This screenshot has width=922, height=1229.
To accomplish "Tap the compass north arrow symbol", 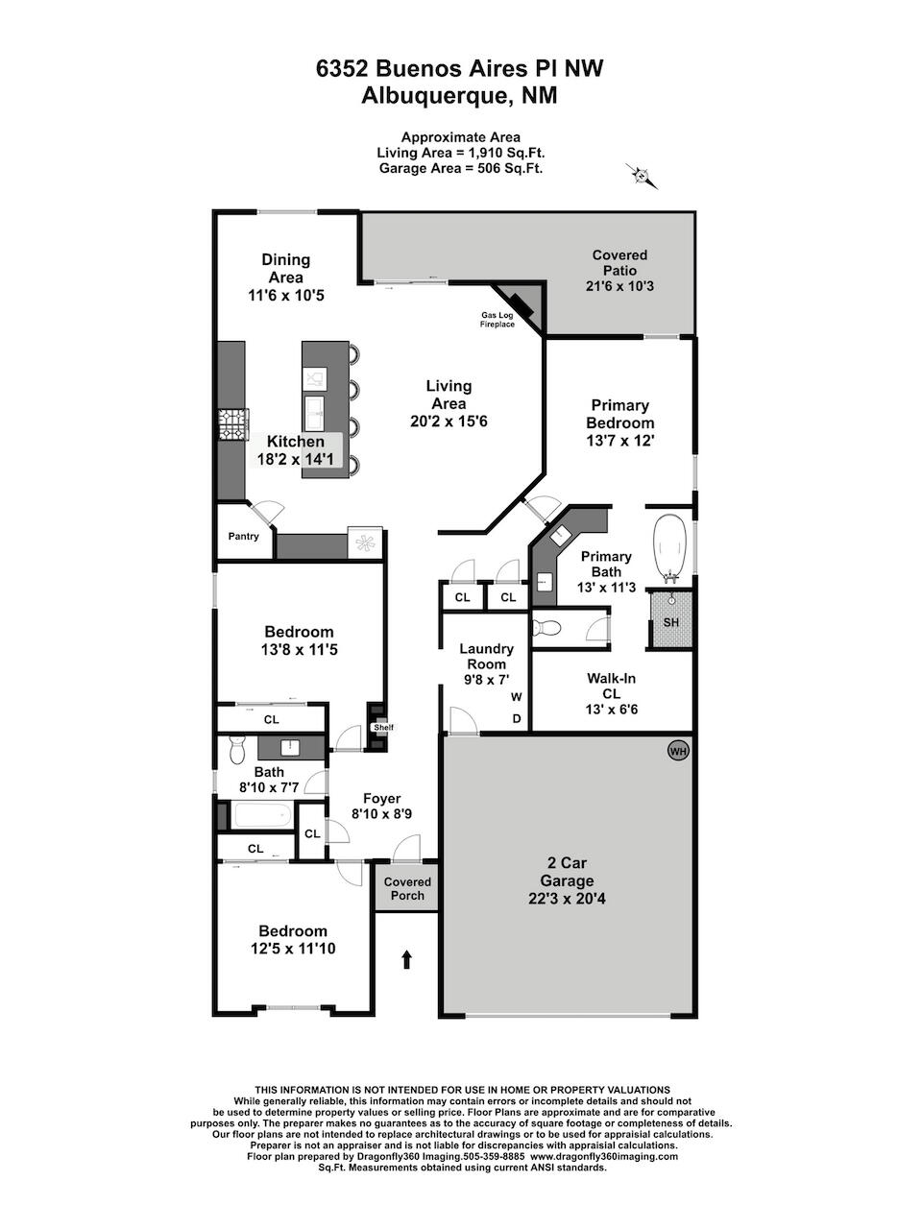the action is pyautogui.click(x=642, y=177).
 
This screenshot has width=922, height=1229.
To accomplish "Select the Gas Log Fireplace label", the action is pyautogui.click(x=497, y=320).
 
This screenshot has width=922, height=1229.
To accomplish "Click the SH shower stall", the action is pyautogui.click(x=670, y=621).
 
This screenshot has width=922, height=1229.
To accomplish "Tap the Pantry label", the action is pyautogui.click(x=244, y=537).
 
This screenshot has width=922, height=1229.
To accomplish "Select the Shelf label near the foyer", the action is pyautogui.click(x=384, y=728).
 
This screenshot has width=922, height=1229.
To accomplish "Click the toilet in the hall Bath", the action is pyautogui.click(x=238, y=751).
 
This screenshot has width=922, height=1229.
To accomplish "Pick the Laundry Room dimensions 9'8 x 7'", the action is pyautogui.click(x=486, y=681).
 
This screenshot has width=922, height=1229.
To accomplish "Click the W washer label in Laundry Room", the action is pyautogui.click(x=516, y=697).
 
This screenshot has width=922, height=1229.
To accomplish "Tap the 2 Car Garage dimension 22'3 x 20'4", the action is pyautogui.click(x=567, y=899).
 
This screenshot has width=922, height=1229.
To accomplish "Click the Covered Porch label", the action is pyautogui.click(x=407, y=888).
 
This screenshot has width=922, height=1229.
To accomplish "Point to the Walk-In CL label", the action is pyautogui.click(x=612, y=686).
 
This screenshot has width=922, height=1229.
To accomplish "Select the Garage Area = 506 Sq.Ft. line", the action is pyautogui.click(x=461, y=168).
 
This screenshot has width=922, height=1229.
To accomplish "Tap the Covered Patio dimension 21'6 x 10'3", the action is pyautogui.click(x=619, y=286).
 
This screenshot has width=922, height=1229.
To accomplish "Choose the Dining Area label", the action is pyautogui.click(x=285, y=268).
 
